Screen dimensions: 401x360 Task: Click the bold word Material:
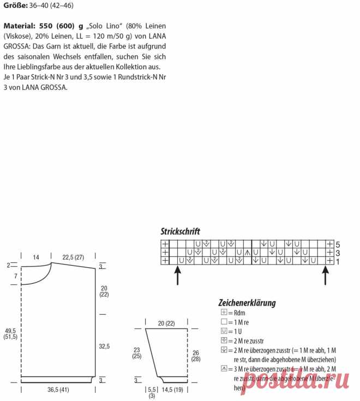pos(21,26)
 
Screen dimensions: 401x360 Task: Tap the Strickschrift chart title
pos(180,231)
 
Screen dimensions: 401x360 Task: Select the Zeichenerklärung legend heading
pos(247,303)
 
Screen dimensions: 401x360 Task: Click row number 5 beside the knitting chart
pos(338,244)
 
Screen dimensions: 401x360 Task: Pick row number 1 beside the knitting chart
pos(338,261)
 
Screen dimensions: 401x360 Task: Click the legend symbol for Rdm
pos(224,313)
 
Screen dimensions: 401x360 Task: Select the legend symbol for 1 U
pos(224,331)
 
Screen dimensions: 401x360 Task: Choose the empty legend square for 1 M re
pos(224,322)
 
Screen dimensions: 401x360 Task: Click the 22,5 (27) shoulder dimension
pos(73,257)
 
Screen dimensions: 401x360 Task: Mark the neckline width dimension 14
pos(36,257)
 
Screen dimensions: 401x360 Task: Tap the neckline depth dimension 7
pos(16,276)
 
